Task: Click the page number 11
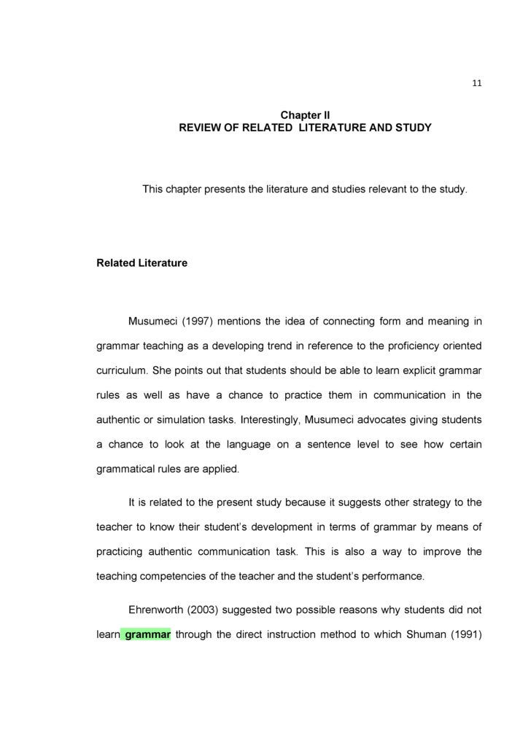click(x=476, y=83)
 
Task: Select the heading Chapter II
click(x=305, y=115)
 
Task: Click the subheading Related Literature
click(x=142, y=262)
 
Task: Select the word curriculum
click(x=121, y=370)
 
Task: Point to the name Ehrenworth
click(x=160, y=610)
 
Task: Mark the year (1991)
click(x=465, y=634)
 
